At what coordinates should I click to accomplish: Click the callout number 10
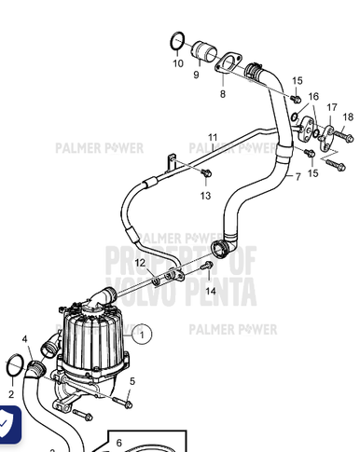[177, 63]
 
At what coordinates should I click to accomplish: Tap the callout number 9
[196, 74]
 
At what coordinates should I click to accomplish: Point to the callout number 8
[222, 94]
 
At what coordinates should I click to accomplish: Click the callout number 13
[205, 196]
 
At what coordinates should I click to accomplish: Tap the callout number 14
[211, 291]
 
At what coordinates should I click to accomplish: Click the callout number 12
[139, 263]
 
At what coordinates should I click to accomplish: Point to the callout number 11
[213, 137]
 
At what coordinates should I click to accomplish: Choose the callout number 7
[298, 176]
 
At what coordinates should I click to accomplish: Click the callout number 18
[348, 116]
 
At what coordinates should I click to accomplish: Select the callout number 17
[331, 107]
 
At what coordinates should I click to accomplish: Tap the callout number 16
[313, 96]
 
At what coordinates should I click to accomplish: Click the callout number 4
[26, 340]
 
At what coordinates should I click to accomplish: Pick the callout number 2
[11, 394]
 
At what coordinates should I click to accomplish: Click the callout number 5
[132, 379]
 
